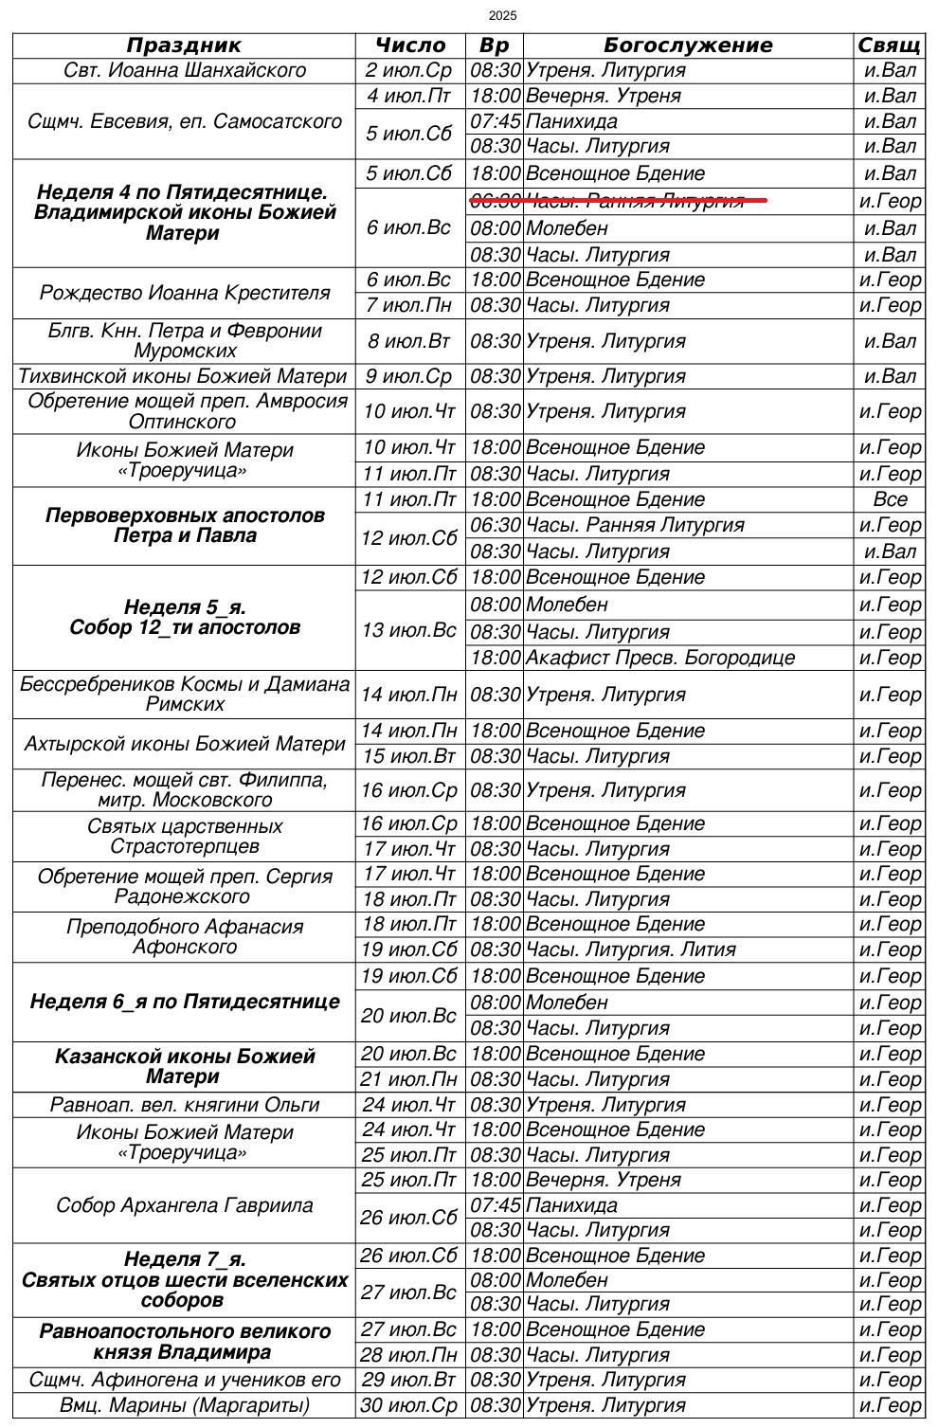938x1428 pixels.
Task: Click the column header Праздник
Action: coord(184,45)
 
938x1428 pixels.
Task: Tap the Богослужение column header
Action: coord(688,45)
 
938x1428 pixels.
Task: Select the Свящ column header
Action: coord(889,45)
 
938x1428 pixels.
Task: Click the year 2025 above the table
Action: coord(503,16)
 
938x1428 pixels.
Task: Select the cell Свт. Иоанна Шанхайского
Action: coord(185,71)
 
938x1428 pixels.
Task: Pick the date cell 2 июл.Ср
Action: coord(409,71)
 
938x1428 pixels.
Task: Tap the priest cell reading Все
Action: coord(890,499)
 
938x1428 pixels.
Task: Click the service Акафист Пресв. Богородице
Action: coord(660,658)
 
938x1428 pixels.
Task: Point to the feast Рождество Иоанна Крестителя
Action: coord(185,293)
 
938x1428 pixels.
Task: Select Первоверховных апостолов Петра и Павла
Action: coord(185,526)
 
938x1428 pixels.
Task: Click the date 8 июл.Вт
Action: coord(409,341)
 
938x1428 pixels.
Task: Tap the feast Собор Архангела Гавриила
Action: coord(185,1205)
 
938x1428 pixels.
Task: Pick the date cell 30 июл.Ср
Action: coord(409,1405)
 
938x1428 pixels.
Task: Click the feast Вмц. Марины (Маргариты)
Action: coord(185,1405)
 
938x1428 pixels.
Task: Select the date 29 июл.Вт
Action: coord(409,1380)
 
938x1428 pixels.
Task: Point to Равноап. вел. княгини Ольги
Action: coord(185,1105)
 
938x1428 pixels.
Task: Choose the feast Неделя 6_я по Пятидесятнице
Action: coord(185,1002)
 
